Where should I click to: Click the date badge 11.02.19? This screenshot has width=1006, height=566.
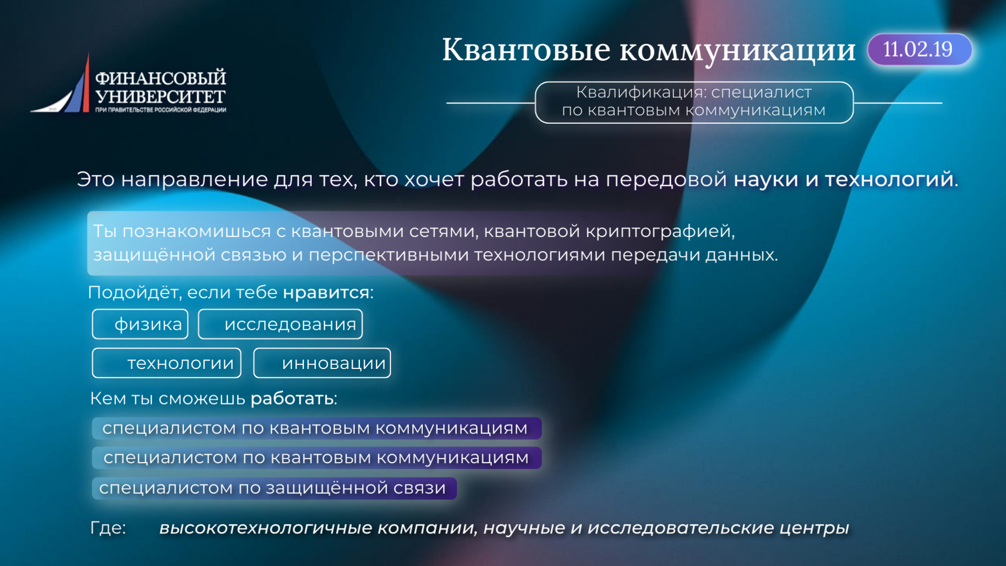coord(920,49)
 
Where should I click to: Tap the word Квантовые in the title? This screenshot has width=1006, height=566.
coord(526,50)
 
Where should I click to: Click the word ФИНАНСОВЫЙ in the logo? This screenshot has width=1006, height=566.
coord(160,78)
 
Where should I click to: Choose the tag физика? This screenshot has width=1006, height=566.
coord(140,324)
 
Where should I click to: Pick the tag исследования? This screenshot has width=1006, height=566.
coord(280,324)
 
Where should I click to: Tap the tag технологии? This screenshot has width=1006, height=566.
coord(167,363)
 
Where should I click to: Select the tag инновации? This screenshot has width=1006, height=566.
coord(322,363)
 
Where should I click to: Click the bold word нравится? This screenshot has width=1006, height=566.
coord(326,292)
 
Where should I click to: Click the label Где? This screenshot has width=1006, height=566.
coord(108,527)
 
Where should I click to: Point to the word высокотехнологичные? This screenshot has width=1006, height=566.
coord(266,528)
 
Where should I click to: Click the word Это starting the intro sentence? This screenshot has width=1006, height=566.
coord(95,179)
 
